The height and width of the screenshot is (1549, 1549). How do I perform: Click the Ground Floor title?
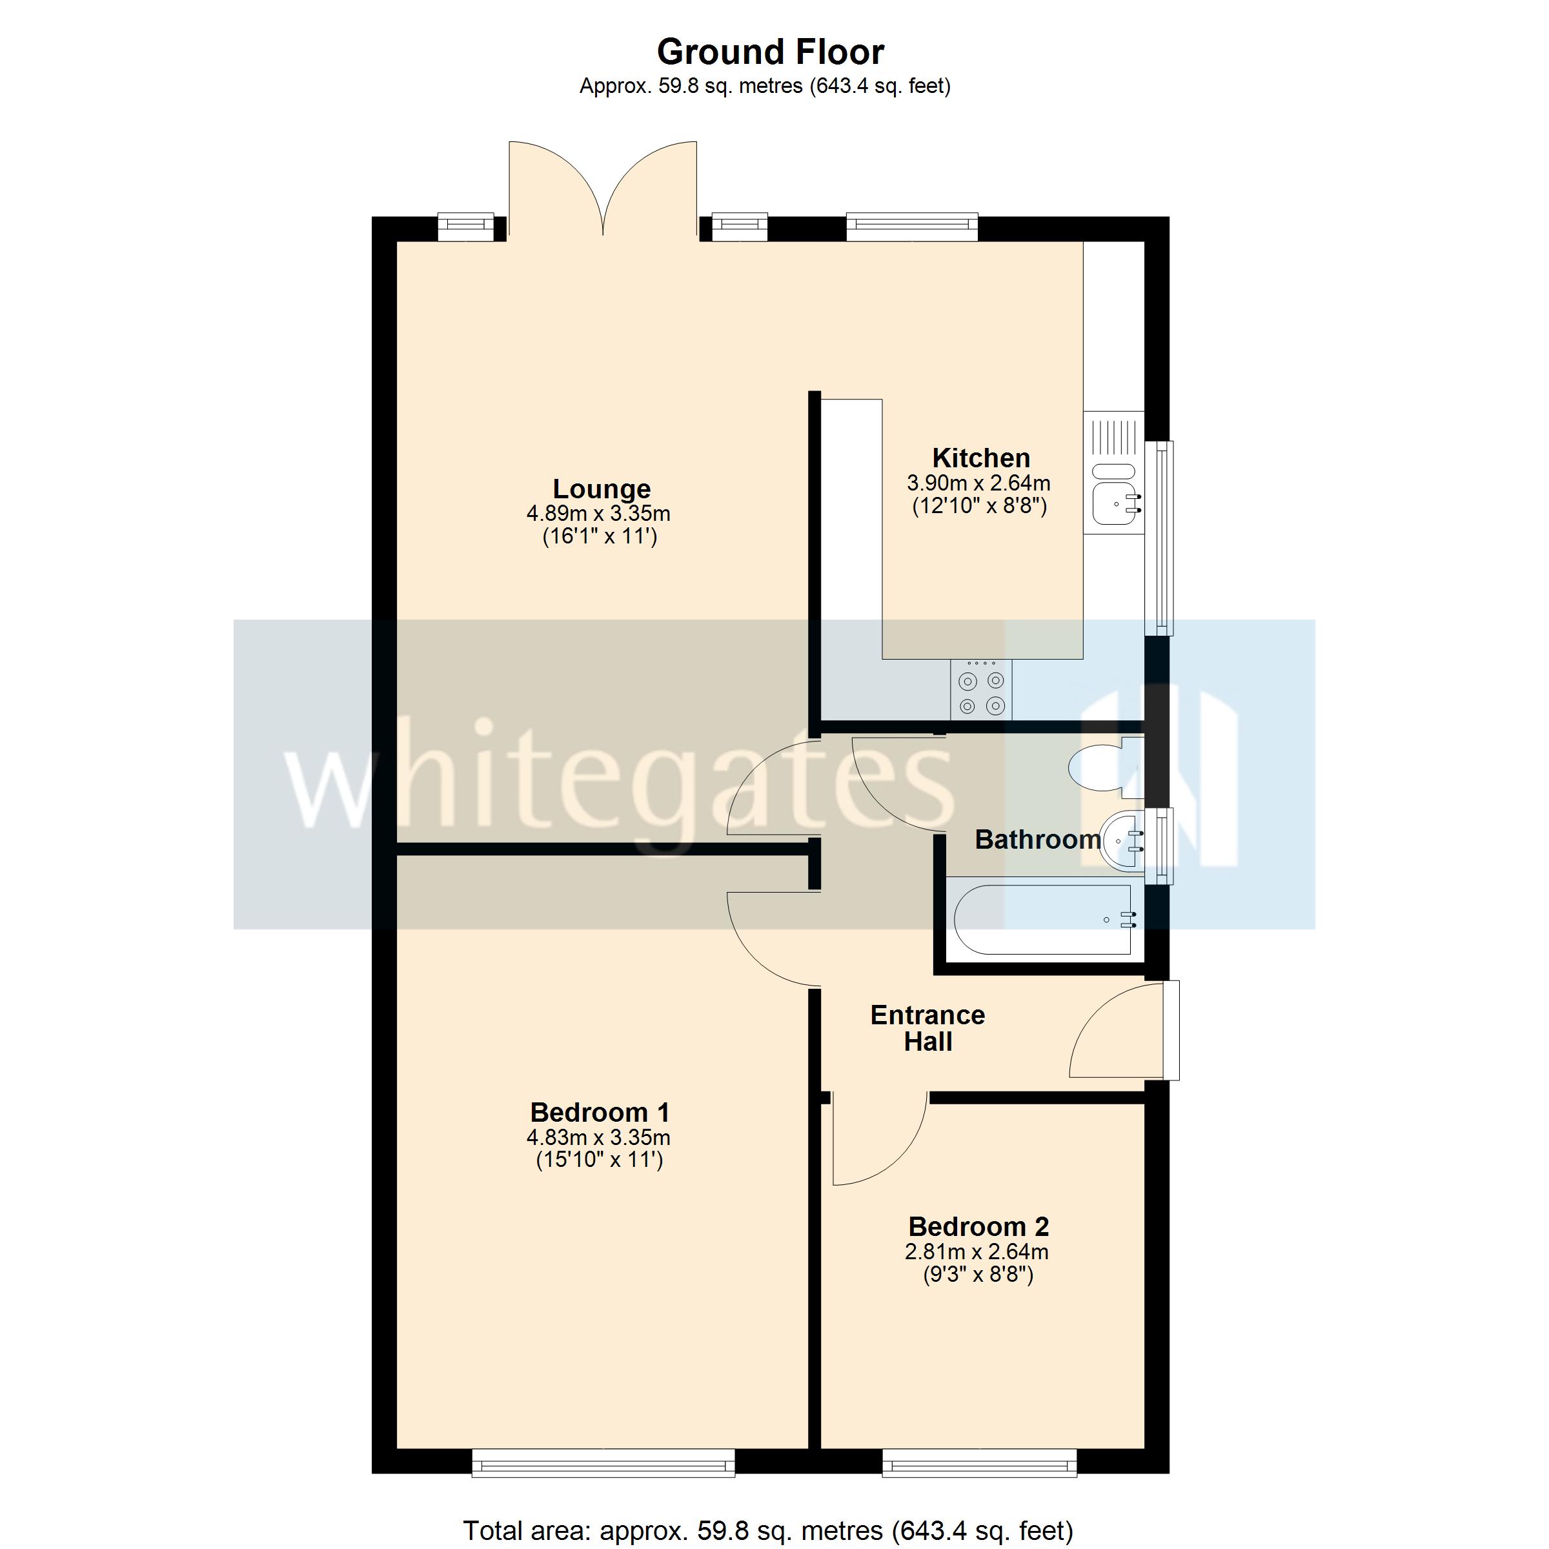click(x=770, y=53)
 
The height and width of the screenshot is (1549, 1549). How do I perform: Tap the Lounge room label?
click(x=602, y=489)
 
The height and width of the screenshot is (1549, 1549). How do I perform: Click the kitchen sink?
click(x=1115, y=504)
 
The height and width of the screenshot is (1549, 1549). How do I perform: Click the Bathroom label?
click(x=1037, y=840)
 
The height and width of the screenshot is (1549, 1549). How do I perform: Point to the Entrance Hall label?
click(x=927, y=1028)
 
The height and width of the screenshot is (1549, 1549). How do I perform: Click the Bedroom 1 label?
click(x=600, y=1112)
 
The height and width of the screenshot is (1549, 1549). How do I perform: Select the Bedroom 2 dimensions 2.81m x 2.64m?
click(x=977, y=1251)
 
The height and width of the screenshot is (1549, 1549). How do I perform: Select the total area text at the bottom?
click(x=768, y=1530)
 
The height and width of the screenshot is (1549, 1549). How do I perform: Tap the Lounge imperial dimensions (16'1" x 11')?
click(x=600, y=536)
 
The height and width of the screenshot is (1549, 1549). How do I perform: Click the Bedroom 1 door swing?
click(x=770, y=938)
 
